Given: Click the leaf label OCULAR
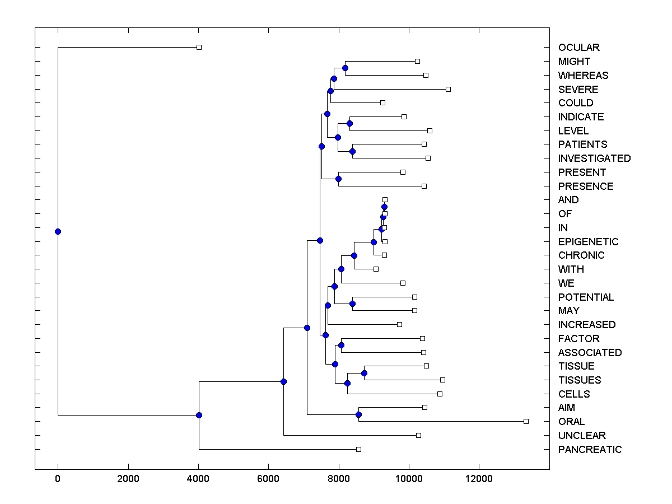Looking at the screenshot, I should [578, 48].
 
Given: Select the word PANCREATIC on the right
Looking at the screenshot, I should [590, 450].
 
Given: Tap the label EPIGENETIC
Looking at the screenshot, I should [588, 242].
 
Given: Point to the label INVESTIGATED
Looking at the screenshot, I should [594, 158].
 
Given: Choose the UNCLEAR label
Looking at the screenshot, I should [582, 436].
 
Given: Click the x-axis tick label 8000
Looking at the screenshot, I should [339, 479].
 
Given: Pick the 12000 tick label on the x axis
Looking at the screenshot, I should [479, 479].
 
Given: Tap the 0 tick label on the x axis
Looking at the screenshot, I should [58, 479].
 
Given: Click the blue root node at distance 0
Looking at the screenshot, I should [58, 231].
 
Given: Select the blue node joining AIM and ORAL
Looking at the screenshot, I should [358, 415].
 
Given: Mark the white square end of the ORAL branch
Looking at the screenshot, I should [526, 421].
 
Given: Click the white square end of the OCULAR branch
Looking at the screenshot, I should [199, 48].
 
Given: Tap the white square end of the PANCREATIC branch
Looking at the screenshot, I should [359, 449].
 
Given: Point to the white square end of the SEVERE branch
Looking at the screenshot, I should [448, 89].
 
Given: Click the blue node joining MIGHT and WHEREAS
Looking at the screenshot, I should [345, 68].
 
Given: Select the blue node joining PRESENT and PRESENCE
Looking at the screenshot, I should [338, 179].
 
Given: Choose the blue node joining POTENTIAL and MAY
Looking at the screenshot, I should [352, 304].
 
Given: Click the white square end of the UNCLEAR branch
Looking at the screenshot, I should [418, 435].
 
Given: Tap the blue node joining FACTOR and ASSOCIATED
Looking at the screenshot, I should [341, 346].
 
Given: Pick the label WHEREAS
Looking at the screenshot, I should [583, 76].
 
